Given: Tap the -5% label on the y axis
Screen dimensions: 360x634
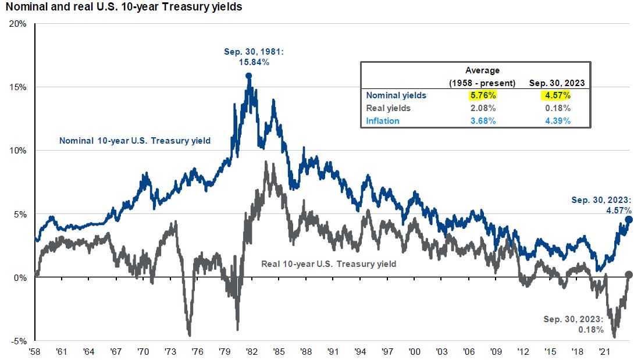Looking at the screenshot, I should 19,341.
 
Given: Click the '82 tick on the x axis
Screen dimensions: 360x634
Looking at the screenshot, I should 251,352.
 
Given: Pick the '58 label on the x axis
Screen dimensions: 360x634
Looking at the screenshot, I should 35,352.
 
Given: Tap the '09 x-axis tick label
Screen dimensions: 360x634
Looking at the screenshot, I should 496,352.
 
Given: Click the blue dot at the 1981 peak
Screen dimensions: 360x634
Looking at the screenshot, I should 248,76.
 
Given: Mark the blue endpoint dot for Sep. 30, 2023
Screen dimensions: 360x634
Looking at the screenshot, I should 628,220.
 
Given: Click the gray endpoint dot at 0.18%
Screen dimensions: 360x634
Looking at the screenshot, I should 628,275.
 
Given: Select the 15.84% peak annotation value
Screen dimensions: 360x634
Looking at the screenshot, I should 254,62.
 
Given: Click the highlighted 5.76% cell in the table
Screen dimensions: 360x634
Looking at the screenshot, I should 482,95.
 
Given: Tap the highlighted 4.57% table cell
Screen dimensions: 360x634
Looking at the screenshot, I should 556,95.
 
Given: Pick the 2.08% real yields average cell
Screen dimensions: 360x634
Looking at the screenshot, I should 482,108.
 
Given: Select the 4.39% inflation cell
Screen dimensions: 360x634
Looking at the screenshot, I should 556,121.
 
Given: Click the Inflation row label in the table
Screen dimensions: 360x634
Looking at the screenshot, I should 383,121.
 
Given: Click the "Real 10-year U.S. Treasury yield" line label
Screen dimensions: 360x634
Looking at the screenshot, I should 329,264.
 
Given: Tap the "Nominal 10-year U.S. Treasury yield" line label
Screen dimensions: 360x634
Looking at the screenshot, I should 134,140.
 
